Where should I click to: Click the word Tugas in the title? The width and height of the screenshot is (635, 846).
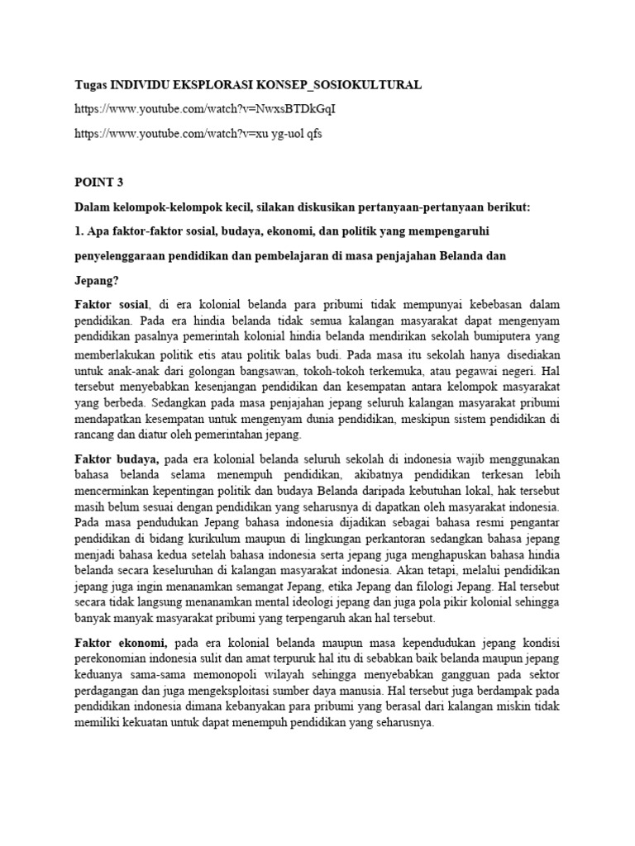pos(91,84)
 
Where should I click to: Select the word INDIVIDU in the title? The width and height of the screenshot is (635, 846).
pos(146,84)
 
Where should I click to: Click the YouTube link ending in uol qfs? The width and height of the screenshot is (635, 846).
pos(198,134)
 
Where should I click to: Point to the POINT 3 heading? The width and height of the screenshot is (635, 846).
pos(100,183)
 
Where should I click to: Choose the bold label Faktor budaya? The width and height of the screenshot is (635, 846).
pos(116,459)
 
